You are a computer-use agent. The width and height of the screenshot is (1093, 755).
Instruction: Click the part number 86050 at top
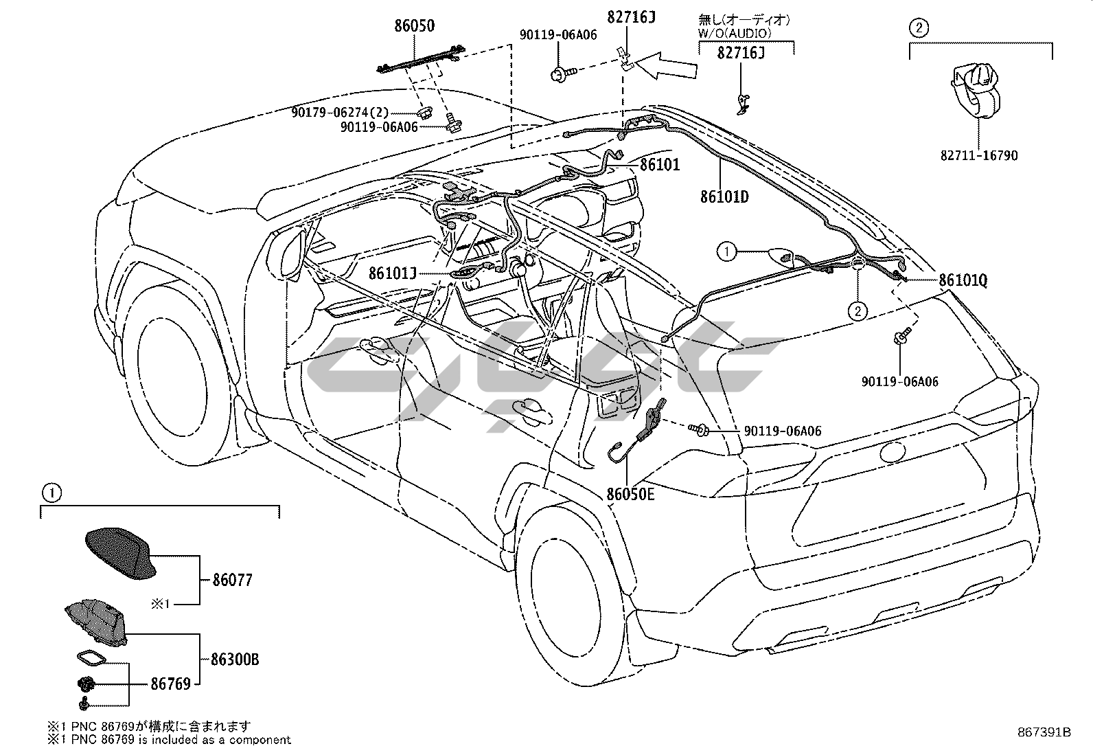414,25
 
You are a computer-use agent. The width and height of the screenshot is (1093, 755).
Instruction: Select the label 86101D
724,196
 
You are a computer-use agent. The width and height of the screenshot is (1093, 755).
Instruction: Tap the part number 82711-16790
979,156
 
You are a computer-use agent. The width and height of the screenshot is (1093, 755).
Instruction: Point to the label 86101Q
963,280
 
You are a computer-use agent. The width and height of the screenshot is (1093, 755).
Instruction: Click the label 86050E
630,494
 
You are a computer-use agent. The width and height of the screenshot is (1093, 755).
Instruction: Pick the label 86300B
235,660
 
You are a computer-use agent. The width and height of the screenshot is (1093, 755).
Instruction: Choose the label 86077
232,581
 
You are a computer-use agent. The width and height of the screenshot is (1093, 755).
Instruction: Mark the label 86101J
393,273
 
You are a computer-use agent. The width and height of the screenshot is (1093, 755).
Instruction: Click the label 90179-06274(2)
340,113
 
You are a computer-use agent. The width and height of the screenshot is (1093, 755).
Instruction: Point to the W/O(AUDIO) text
735,33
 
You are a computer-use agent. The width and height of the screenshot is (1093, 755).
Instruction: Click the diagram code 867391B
1044,732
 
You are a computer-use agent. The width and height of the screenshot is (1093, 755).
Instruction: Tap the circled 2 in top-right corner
919,28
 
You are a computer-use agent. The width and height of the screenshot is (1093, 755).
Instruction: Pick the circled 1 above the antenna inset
52,493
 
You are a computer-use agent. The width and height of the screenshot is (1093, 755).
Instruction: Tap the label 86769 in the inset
170,684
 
